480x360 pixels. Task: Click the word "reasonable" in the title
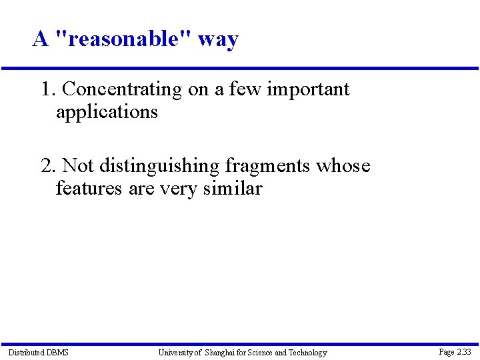click(123, 39)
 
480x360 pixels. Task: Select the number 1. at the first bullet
click(49, 89)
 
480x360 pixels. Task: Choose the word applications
click(107, 112)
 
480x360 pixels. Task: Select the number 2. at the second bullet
click(49, 165)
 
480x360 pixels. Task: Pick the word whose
click(343, 165)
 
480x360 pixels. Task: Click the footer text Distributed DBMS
click(38, 352)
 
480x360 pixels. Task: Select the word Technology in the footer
click(307, 353)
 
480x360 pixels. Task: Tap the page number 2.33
click(463, 351)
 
